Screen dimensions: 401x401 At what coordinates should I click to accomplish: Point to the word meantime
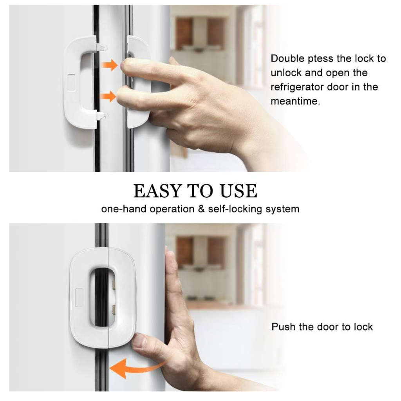tap(295, 101)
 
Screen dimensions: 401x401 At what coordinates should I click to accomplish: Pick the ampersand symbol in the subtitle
tap(201, 209)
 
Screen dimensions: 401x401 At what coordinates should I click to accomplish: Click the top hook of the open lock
tap(102, 47)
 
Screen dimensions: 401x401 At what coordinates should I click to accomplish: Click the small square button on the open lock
tap(71, 83)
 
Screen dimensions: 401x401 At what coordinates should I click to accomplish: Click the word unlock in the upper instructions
tap(285, 73)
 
